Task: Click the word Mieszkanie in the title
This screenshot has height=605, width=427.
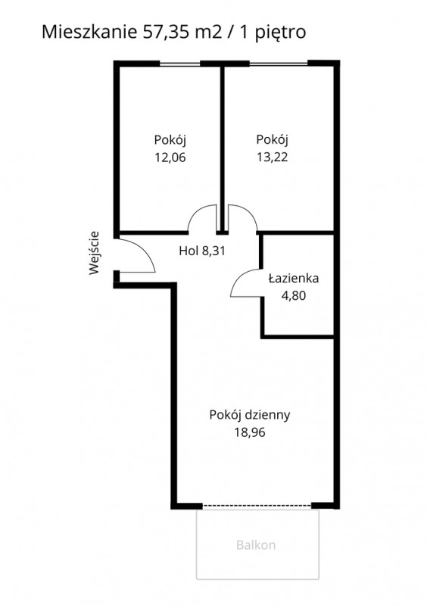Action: point(89,32)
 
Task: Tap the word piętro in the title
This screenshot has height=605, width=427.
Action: point(281,33)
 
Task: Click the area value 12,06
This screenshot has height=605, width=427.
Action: point(170,157)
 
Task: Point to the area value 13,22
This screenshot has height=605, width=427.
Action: point(273,157)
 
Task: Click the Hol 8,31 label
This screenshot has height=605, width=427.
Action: point(202,251)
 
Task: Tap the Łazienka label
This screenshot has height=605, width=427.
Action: point(294,278)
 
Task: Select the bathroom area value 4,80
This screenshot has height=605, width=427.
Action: point(294,295)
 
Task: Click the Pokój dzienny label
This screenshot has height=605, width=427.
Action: point(250,415)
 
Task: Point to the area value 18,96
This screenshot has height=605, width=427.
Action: point(250,432)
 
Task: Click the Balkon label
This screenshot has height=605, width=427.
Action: point(256,545)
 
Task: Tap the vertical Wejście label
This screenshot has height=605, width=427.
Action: point(94,253)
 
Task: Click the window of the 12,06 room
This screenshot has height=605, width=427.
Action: point(180,64)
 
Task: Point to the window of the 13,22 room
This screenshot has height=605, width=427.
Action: point(279,64)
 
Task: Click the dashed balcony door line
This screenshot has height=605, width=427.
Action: point(257,506)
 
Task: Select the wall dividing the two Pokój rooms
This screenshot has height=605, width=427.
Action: point(223,149)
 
